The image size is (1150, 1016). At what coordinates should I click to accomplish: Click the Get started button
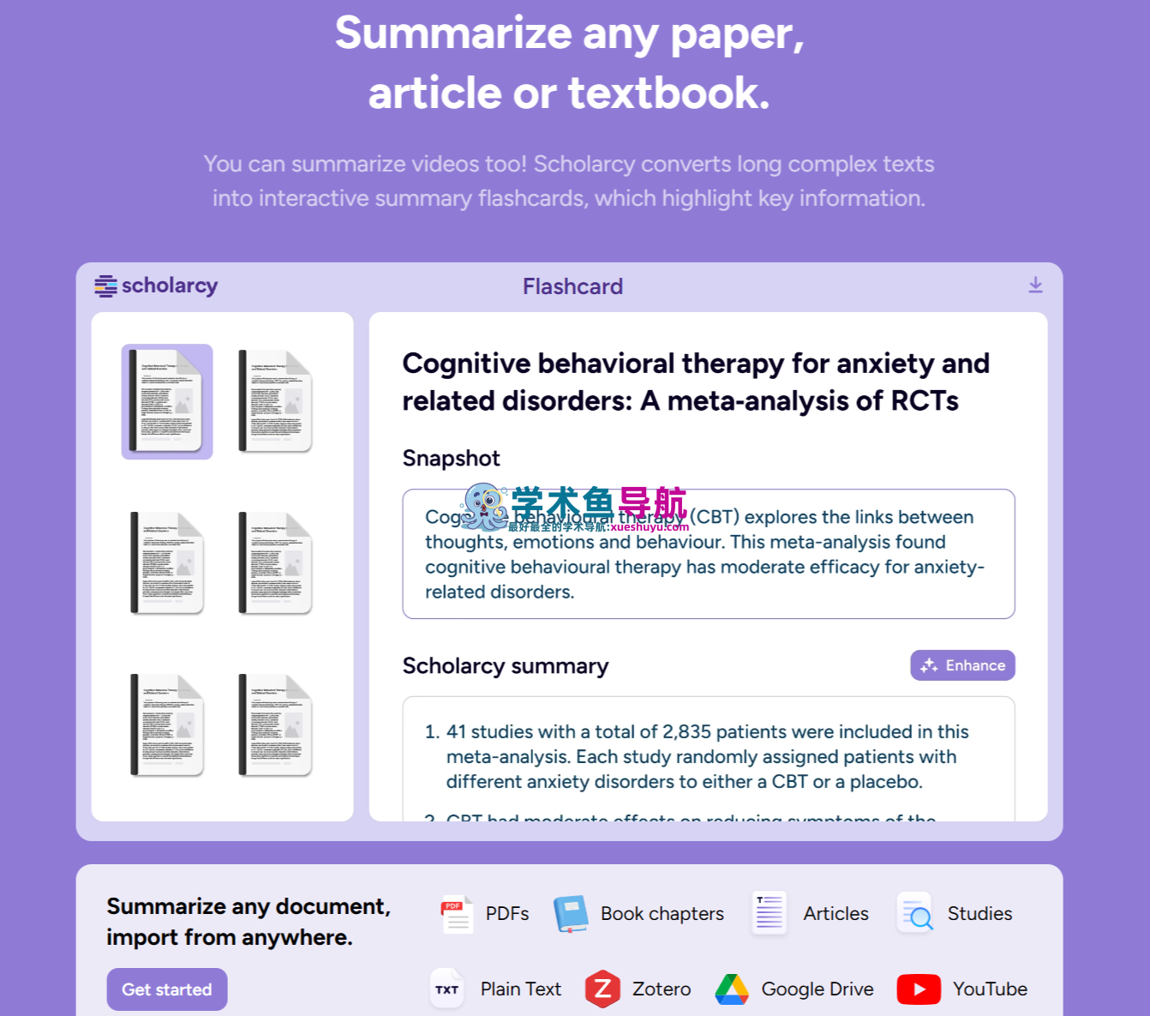click(166, 989)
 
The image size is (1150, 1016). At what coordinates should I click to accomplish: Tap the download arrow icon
click(1035, 286)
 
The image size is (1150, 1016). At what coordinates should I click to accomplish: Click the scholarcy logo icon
click(106, 286)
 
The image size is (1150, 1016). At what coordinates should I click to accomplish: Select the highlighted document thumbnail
click(167, 401)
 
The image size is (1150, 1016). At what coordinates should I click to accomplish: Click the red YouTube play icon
click(919, 989)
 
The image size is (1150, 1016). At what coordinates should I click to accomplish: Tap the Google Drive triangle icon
click(732, 989)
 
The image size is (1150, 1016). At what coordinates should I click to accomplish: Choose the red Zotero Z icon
click(602, 989)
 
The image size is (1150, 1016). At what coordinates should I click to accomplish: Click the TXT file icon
click(446, 989)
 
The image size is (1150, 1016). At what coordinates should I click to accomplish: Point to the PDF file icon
click(456, 913)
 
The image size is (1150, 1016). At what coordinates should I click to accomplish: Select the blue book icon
click(571, 913)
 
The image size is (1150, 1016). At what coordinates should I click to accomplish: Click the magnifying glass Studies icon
click(915, 913)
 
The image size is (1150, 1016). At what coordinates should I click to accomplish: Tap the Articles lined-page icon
click(770, 912)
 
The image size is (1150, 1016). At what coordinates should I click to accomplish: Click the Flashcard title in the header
click(572, 286)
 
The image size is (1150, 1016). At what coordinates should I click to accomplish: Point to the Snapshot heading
click(451, 458)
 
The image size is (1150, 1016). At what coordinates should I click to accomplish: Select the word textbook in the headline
click(668, 93)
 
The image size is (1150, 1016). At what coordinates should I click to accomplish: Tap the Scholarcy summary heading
click(505, 666)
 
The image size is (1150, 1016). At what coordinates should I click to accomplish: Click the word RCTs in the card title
click(925, 400)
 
